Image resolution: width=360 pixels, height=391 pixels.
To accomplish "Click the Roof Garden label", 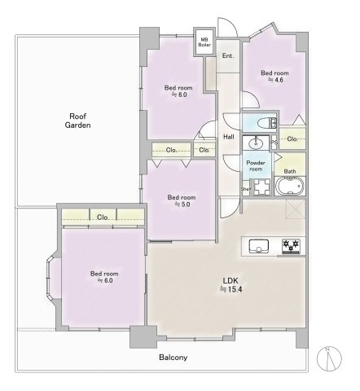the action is (x=77, y=121).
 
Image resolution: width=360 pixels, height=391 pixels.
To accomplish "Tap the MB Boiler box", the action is (x=204, y=42).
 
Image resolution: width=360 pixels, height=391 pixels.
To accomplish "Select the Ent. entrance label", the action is (x=228, y=55).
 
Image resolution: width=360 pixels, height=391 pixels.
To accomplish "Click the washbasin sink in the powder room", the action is (x=256, y=143).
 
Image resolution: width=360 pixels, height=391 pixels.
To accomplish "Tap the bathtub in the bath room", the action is (x=290, y=187).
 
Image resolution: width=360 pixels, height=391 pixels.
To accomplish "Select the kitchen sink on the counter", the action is (x=259, y=246).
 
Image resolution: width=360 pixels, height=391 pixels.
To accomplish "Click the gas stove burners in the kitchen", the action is (x=291, y=246).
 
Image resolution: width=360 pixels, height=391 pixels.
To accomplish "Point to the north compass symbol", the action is (x=329, y=358).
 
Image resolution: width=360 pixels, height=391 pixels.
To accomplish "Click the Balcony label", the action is (x=173, y=357).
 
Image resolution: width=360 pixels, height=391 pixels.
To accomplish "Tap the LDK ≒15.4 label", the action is (x=230, y=285).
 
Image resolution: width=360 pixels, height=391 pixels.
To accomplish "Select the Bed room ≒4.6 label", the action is (x=274, y=77).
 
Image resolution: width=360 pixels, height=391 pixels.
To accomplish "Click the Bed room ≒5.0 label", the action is (x=182, y=200).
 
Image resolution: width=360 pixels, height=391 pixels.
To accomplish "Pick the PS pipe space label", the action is (x=274, y=143).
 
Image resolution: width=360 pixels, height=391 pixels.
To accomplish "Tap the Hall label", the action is (x=229, y=137).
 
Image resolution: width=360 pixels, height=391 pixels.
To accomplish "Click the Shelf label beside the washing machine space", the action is (x=246, y=188).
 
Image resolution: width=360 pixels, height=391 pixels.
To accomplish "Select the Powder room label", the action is (x=256, y=165).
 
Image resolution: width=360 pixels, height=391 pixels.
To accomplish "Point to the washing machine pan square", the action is (x=261, y=187).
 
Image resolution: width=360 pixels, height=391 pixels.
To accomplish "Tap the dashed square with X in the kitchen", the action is (x=296, y=209).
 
